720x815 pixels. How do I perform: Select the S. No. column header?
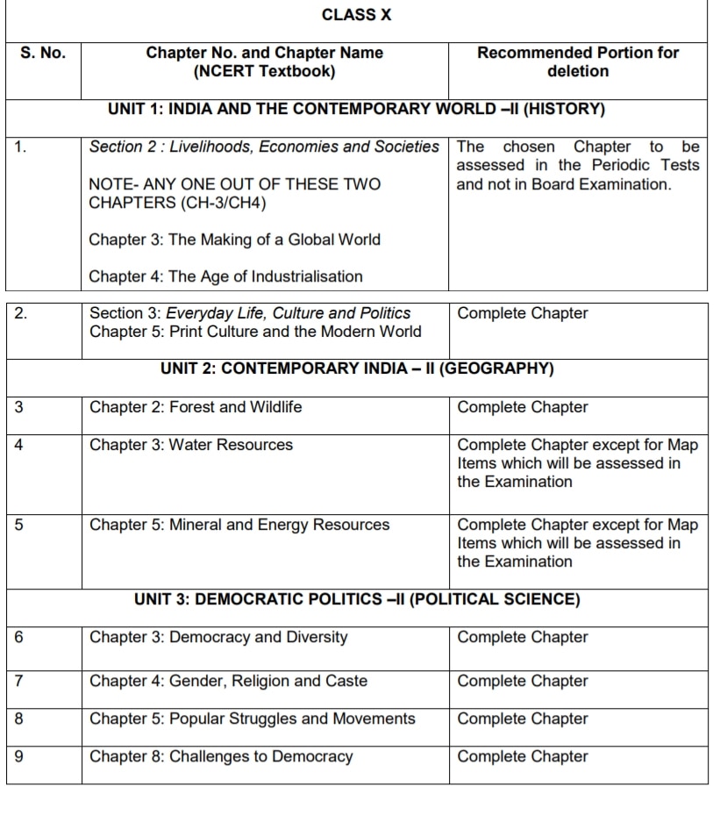(43, 53)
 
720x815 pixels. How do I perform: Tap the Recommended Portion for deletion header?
(577, 61)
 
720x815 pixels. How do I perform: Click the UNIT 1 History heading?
(356, 110)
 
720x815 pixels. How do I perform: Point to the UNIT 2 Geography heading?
(357, 368)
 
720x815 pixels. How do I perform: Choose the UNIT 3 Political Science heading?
(357, 600)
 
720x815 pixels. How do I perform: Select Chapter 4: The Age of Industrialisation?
(225, 276)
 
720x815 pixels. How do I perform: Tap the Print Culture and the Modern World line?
(255, 332)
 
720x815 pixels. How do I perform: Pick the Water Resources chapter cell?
(191, 445)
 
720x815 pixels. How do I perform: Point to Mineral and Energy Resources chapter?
(239, 525)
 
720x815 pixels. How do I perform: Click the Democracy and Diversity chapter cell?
(218, 637)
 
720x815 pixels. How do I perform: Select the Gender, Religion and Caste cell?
(228, 681)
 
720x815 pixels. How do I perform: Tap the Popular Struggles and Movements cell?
(253, 718)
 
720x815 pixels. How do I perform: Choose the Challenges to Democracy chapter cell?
(221, 756)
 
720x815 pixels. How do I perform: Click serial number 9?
(19, 756)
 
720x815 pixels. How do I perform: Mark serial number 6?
(19, 637)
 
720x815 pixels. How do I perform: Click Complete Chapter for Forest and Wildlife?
(523, 407)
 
